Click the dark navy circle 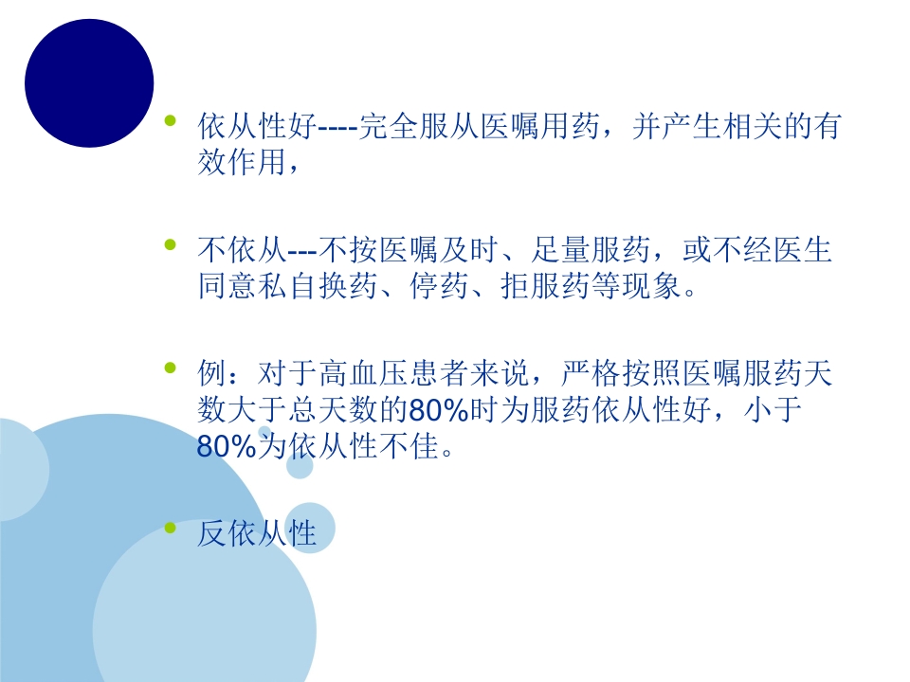pos(89,82)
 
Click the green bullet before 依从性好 pos(171,120)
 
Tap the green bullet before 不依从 pos(171,244)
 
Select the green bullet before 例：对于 pos(171,368)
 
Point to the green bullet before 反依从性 pos(171,527)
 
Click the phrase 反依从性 pos(256,533)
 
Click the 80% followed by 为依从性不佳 pos(227,446)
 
